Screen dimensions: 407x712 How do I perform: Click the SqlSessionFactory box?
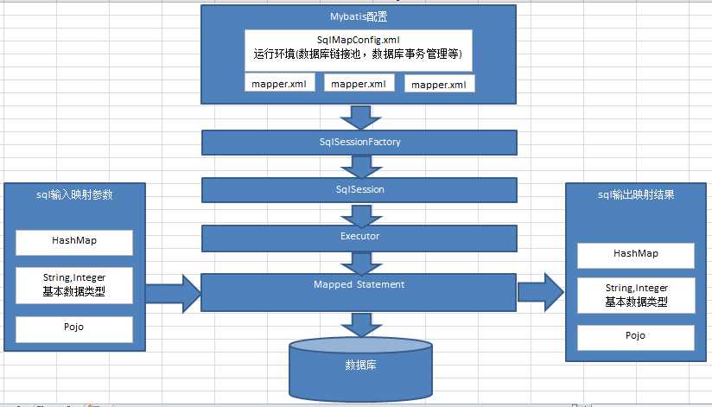[x=359, y=141]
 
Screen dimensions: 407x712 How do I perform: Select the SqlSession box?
[x=359, y=188]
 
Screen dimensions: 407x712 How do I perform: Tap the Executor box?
[x=359, y=235]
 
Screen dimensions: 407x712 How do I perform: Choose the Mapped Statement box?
[x=359, y=291]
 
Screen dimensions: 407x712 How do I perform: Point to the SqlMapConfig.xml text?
[x=359, y=40]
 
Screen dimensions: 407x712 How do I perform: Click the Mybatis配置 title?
[x=359, y=17]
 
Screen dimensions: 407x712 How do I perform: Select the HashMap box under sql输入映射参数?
[x=74, y=243]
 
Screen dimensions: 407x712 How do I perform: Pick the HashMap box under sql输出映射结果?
[x=636, y=255]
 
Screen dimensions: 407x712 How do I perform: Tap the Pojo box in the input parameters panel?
[x=74, y=329]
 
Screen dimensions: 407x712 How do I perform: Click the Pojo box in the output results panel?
[x=636, y=336]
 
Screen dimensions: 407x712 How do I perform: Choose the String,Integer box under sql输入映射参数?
[x=74, y=285]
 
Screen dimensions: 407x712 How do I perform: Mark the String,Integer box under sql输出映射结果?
[x=636, y=295]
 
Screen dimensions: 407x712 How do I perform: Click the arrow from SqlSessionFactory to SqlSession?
[x=359, y=165]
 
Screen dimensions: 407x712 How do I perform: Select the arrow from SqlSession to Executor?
[x=359, y=213]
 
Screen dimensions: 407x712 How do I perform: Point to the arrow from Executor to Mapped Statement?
[x=359, y=260]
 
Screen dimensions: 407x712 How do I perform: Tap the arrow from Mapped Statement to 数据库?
[x=359, y=324]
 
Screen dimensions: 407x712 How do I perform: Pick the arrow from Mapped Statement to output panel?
[x=540, y=290]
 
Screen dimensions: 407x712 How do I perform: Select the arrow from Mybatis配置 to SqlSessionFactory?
[x=359, y=115]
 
